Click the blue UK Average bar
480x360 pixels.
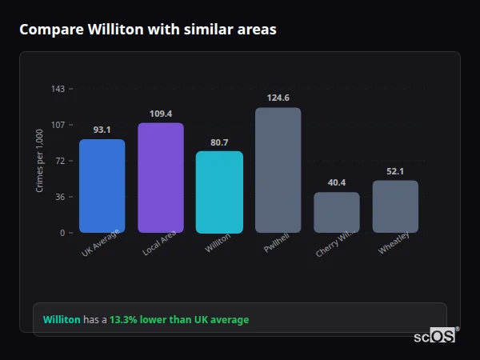(x=102, y=186)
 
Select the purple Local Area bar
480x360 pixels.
(x=161, y=178)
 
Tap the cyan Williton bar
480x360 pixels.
(x=219, y=192)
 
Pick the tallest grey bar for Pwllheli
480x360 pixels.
(x=278, y=170)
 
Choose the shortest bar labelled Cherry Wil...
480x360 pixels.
(x=336, y=212)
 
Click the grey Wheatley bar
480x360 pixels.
(x=395, y=206)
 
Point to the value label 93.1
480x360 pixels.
(x=102, y=130)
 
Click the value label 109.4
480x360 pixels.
(x=161, y=114)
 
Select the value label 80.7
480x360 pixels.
(x=219, y=142)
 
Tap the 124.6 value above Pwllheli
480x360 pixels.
(x=278, y=98)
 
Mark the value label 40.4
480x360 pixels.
(x=336, y=182)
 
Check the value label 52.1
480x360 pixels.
(x=395, y=171)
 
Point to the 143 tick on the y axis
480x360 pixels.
(x=58, y=89)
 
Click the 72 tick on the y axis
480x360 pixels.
(x=60, y=161)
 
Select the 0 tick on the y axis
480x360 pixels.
(x=62, y=233)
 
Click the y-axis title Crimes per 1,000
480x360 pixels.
(x=39, y=160)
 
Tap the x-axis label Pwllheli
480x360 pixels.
(x=276, y=244)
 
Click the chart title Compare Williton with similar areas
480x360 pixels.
(x=148, y=30)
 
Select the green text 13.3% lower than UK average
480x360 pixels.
(x=179, y=320)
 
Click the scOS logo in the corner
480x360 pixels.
(x=434, y=336)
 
